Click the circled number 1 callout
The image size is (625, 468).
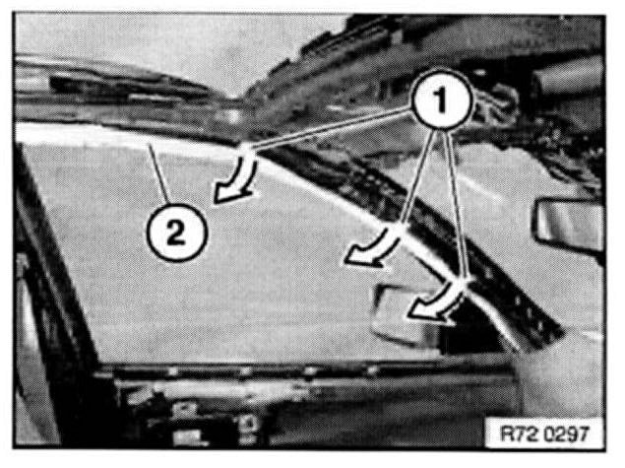[x=441, y=99]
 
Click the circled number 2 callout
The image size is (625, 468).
[x=176, y=233]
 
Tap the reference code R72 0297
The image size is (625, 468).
[x=544, y=433]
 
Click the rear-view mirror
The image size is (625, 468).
[x=569, y=226]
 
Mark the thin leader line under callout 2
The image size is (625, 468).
[x=159, y=172]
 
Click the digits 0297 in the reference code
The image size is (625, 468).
[x=566, y=433]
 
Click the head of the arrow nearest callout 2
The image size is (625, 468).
[x=228, y=195]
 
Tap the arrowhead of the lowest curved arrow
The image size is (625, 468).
[x=425, y=311]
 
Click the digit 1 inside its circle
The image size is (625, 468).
[x=441, y=99]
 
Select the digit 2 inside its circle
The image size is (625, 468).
[x=176, y=233]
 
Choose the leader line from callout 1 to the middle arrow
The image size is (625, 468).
[x=417, y=178]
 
